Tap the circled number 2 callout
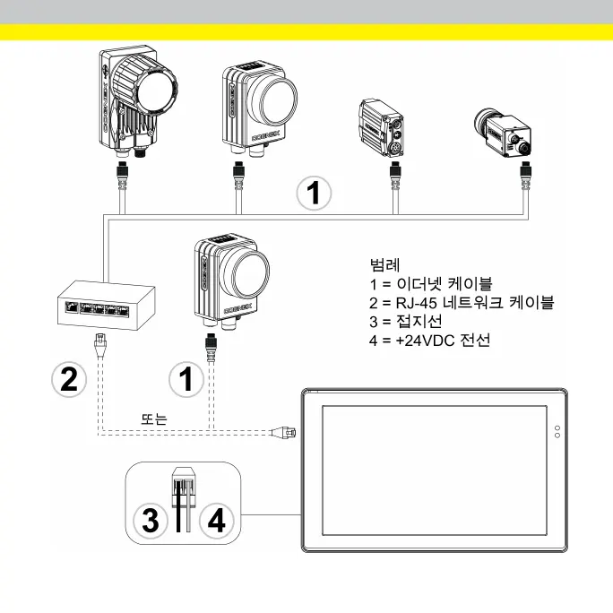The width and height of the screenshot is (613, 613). pos(69,378)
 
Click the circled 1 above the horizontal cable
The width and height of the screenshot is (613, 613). pos(313,192)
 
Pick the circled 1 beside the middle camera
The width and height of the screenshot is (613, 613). pos(186,378)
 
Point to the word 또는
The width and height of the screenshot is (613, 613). pos(154,419)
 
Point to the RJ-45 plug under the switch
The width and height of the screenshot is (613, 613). pos(100,341)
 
